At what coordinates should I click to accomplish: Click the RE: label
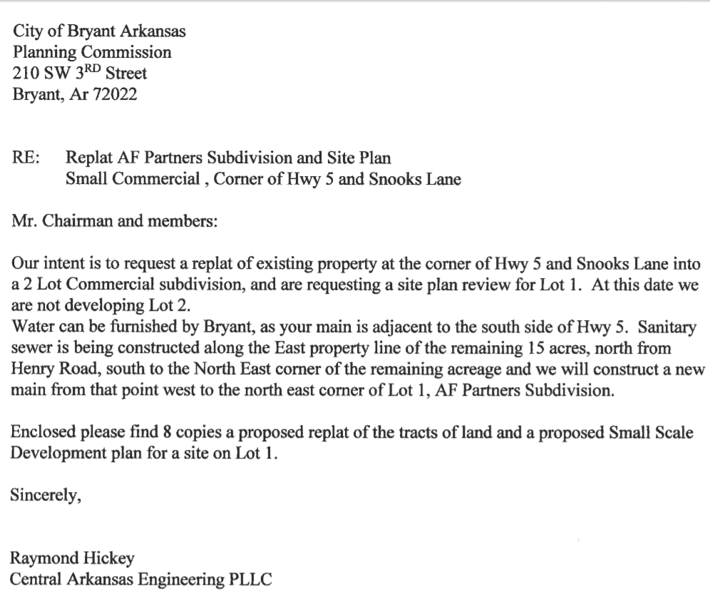27,158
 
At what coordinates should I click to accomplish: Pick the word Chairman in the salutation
78,220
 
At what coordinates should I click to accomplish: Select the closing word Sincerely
45,496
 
